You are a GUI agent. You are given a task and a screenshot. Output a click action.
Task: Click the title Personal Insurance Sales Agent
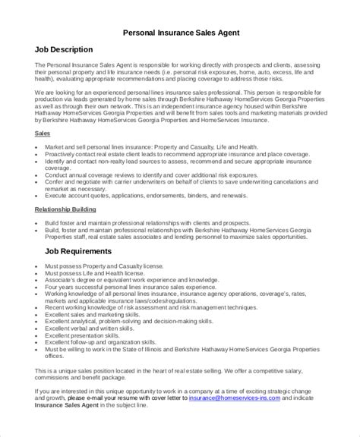tap(181, 33)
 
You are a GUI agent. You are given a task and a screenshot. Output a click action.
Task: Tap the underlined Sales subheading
tap(43, 133)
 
